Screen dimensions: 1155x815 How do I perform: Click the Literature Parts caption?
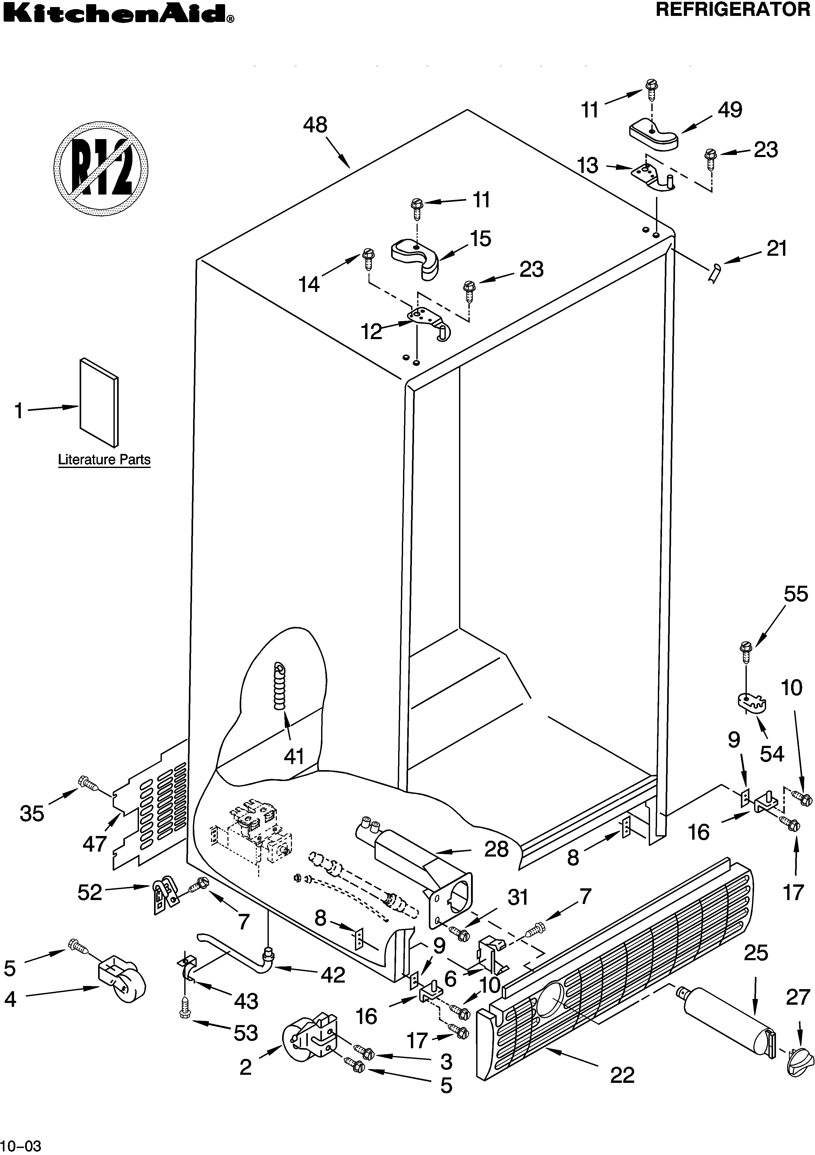click(x=104, y=460)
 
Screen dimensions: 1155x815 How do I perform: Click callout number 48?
click(x=315, y=125)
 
